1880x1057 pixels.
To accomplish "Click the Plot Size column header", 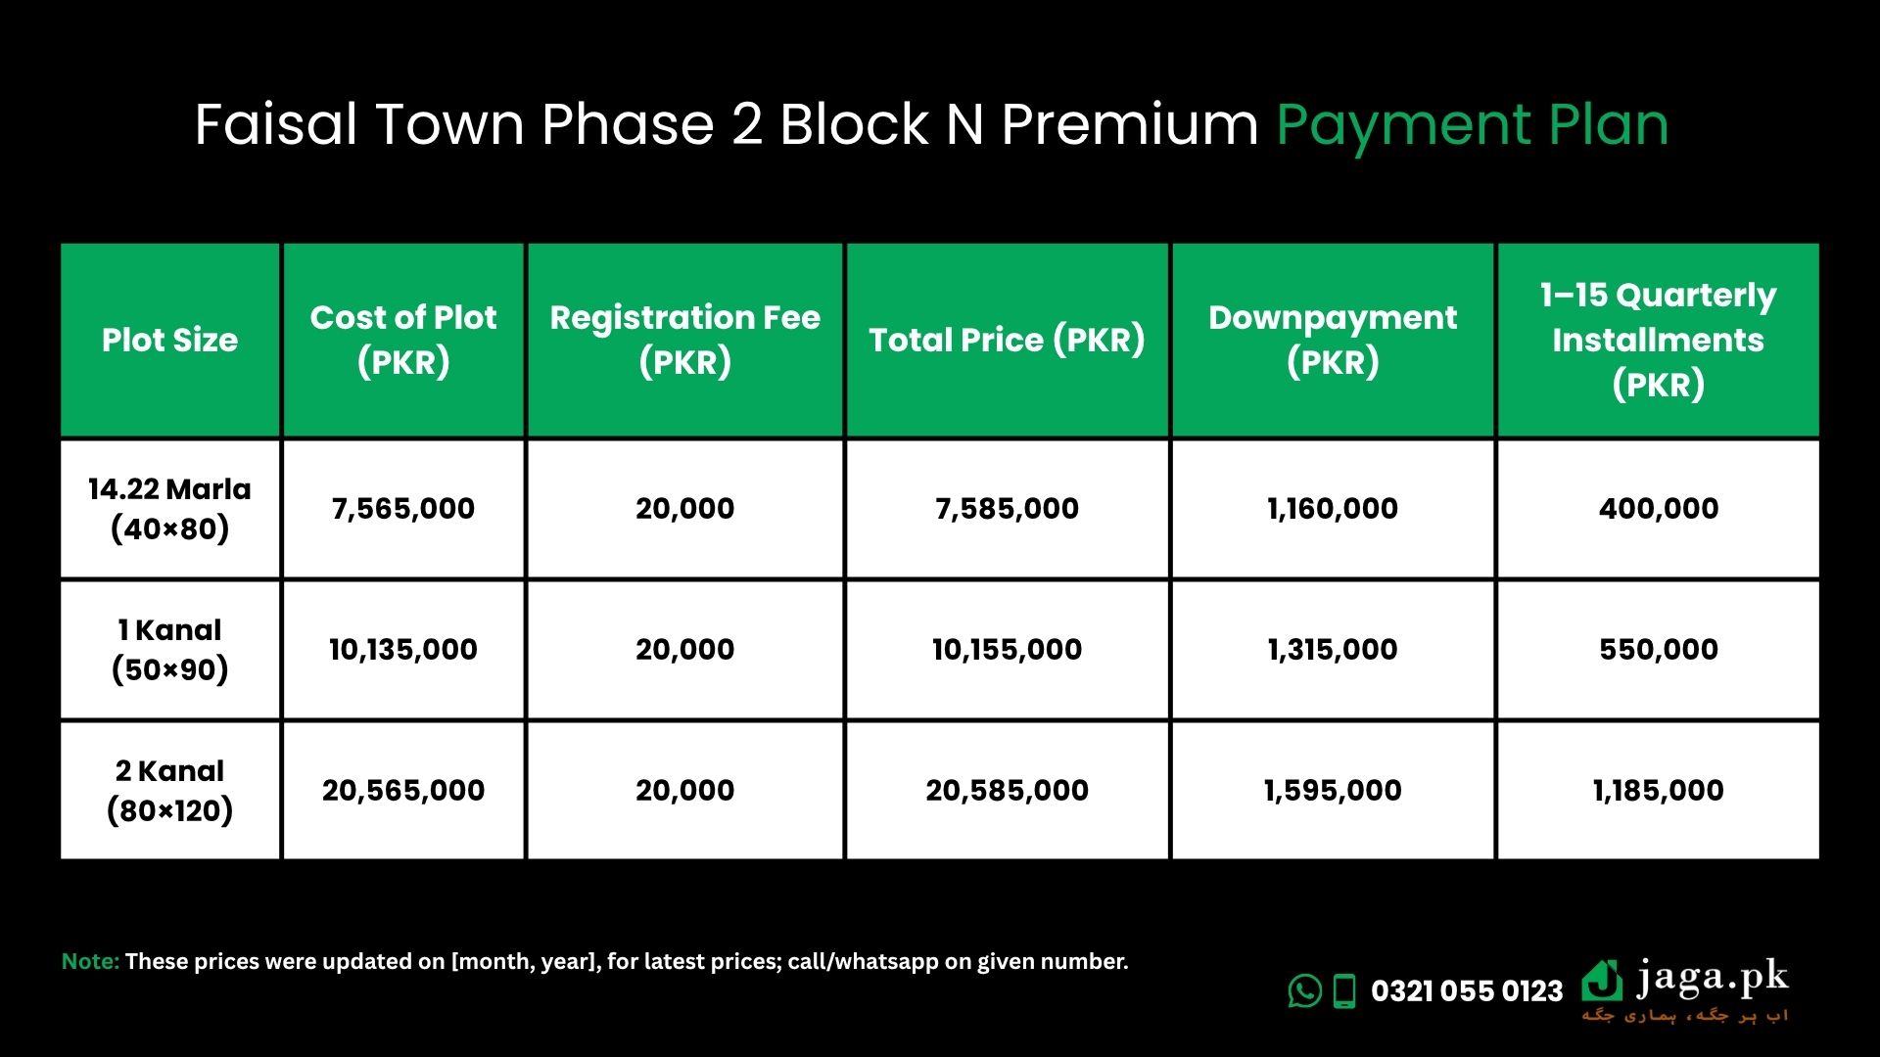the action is [169, 340].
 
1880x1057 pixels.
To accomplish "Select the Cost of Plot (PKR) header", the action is [403, 340].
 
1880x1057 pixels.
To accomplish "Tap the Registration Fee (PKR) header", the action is [684, 340].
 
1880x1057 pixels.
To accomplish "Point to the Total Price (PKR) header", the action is [1007, 340].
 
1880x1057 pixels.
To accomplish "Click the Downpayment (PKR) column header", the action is [1333, 340].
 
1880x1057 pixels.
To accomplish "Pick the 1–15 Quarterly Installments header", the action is [1658, 340].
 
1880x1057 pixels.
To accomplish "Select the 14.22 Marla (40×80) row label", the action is [169, 509].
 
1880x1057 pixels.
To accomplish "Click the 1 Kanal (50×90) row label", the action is [169, 650].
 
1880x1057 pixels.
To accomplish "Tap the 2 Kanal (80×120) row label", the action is [169, 791].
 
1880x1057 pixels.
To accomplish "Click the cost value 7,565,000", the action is [403, 509].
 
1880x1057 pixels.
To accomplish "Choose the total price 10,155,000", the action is [1007, 650].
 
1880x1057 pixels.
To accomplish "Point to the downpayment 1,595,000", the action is [1333, 791].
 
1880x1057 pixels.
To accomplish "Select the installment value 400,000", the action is [1659, 509].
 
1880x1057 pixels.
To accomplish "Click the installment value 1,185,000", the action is [1659, 791].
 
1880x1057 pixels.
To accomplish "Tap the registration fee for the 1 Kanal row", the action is [684, 650].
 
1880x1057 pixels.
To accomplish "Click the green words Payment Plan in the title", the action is [1472, 125].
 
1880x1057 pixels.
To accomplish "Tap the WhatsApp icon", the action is [1304, 990].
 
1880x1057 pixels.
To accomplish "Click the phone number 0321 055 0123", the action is [1467, 991].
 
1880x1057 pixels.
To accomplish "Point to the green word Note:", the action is [90, 961].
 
